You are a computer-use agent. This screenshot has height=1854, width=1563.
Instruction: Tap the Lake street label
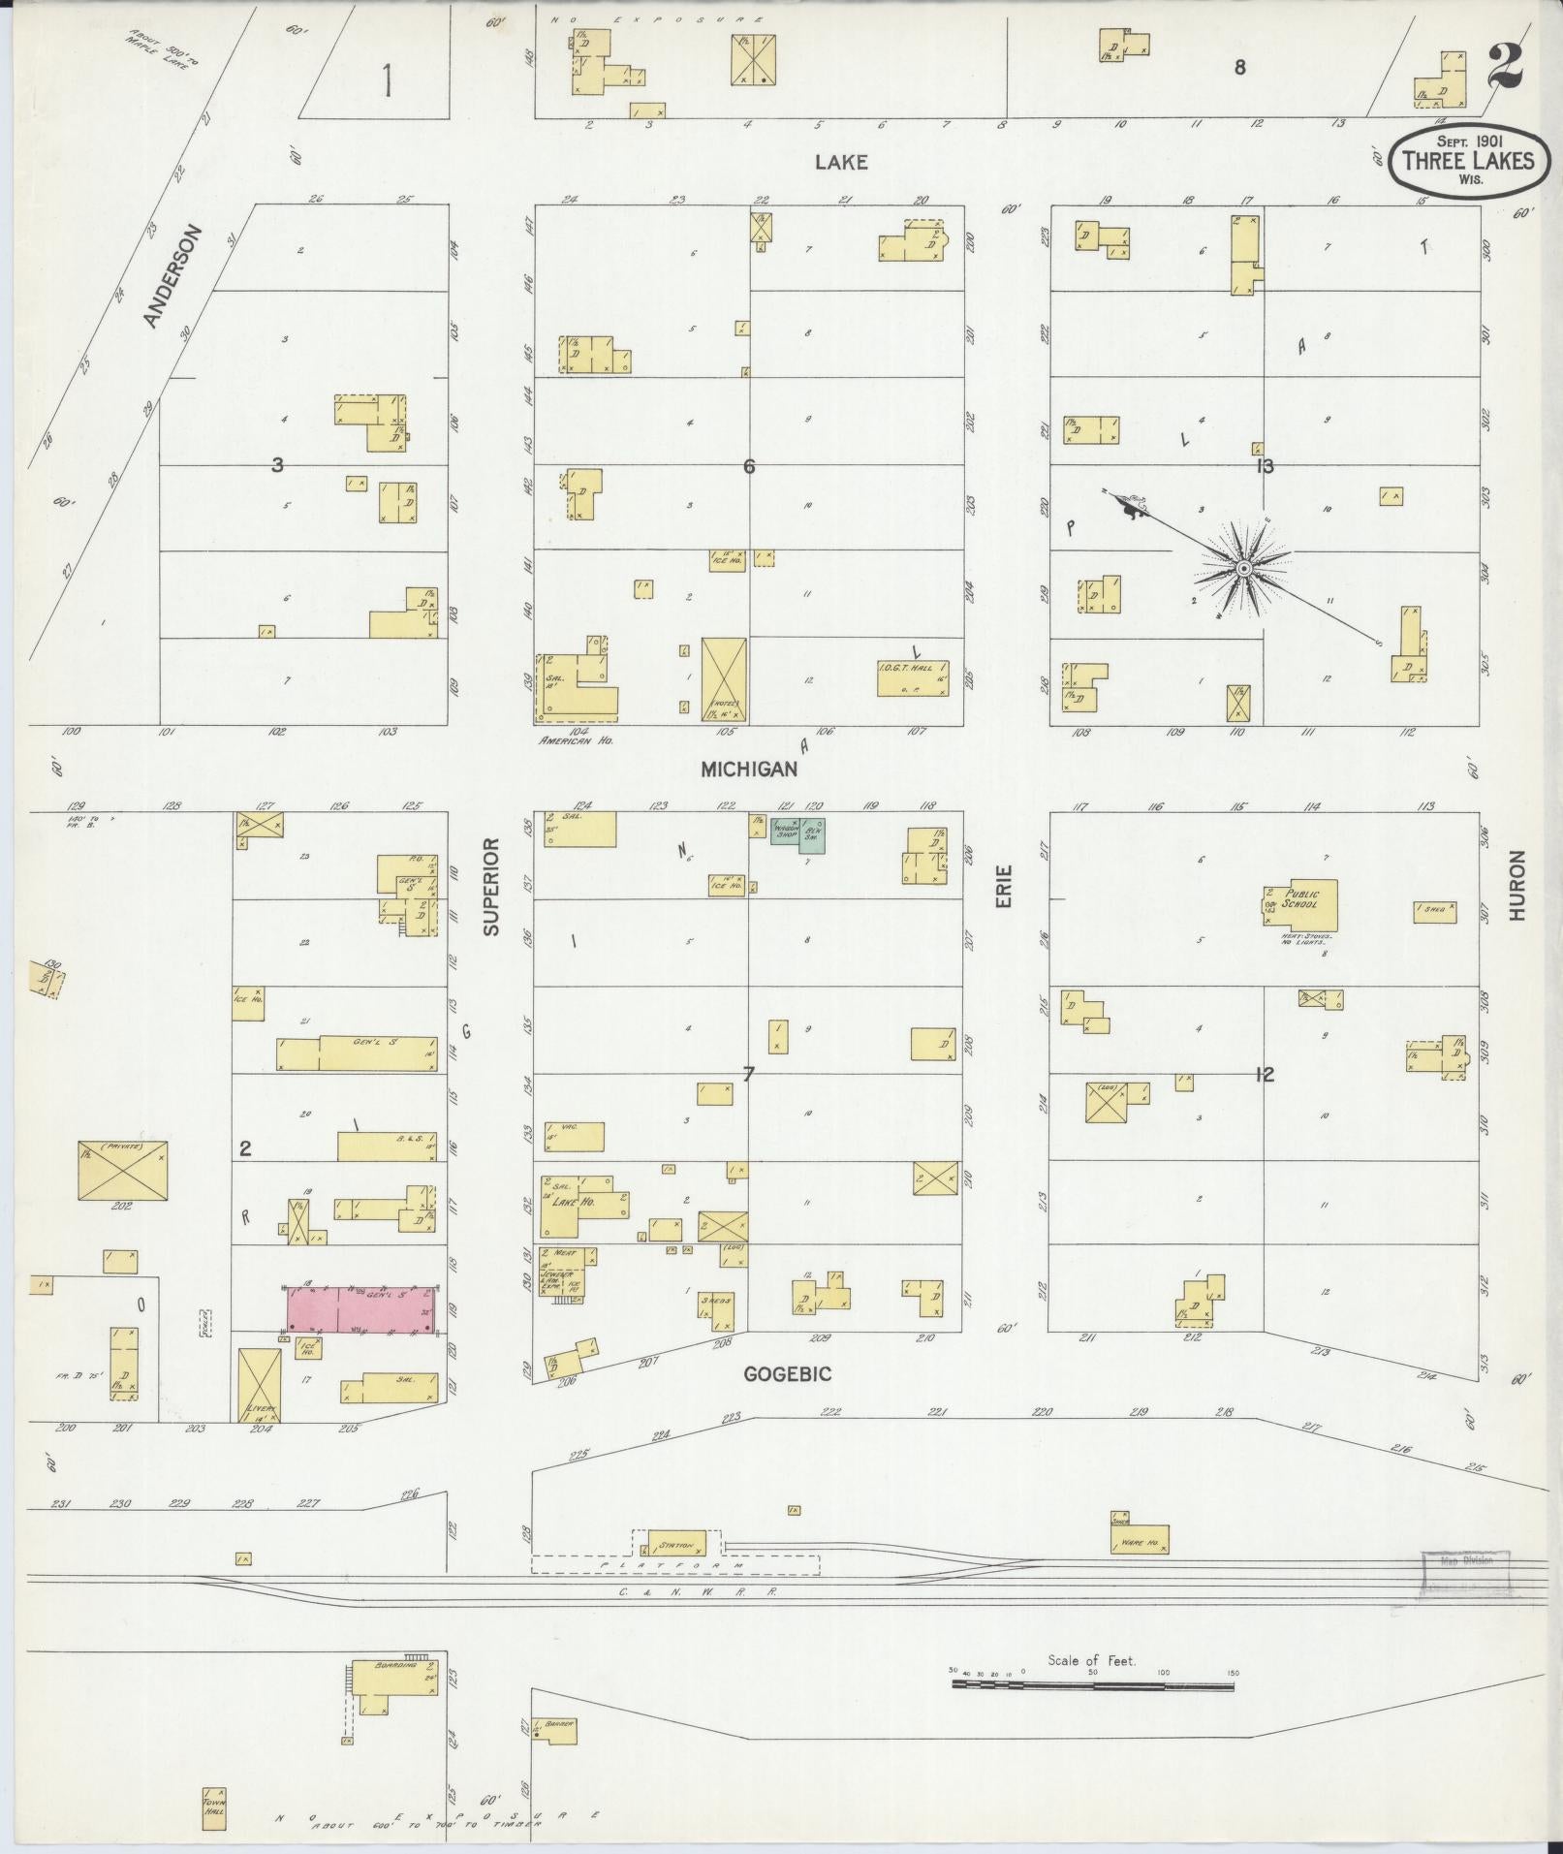(840, 163)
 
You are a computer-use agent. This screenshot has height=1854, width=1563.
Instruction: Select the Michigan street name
(749, 769)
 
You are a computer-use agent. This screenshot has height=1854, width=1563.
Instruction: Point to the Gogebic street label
(788, 1374)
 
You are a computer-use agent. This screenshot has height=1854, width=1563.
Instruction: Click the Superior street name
(491, 886)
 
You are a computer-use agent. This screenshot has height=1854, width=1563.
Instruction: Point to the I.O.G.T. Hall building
(913, 678)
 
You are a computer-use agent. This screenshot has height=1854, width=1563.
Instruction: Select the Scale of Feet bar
(1092, 1685)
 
